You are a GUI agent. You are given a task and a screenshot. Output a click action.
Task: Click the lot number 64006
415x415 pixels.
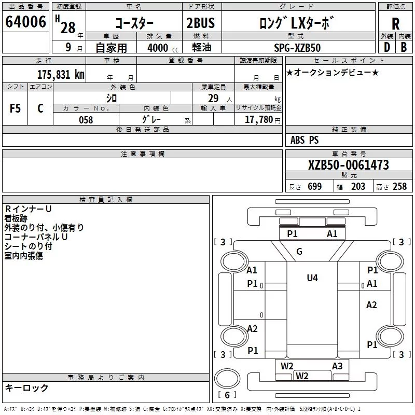click(x=25, y=22)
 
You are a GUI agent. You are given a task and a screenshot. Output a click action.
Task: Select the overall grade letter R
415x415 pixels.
click(x=395, y=24)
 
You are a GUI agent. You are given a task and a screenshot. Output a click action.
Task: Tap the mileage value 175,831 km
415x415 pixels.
click(x=61, y=75)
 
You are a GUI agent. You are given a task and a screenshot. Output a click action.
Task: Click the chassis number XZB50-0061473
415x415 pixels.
click(x=348, y=165)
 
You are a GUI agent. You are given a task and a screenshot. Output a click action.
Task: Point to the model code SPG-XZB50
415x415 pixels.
click(x=297, y=48)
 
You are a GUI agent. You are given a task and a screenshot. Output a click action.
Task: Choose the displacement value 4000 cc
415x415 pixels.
click(x=163, y=48)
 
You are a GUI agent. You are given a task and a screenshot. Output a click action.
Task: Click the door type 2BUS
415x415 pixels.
click(x=201, y=23)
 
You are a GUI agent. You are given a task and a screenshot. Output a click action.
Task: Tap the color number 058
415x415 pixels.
click(x=86, y=120)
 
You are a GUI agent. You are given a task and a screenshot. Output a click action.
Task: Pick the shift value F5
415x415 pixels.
click(x=15, y=108)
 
